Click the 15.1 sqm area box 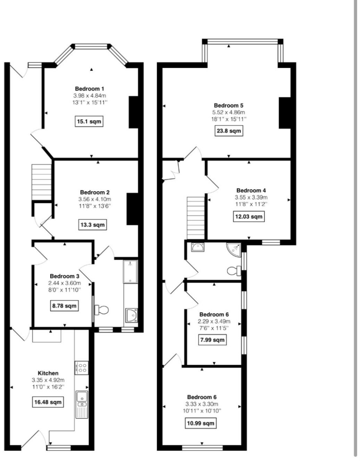tap(89, 121)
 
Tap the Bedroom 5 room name tap(228, 106)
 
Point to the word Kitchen tap(48, 373)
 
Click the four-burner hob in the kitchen tap(82, 368)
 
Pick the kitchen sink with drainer tap(82, 404)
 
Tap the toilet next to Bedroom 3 tap(101, 309)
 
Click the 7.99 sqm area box tap(212, 340)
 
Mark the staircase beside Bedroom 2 tap(42, 182)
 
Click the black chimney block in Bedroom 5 tap(285, 113)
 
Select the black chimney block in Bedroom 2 tap(133, 209)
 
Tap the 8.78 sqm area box tap(64, 306)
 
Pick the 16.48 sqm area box tap(48, 402)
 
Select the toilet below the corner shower tap(234, 270)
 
